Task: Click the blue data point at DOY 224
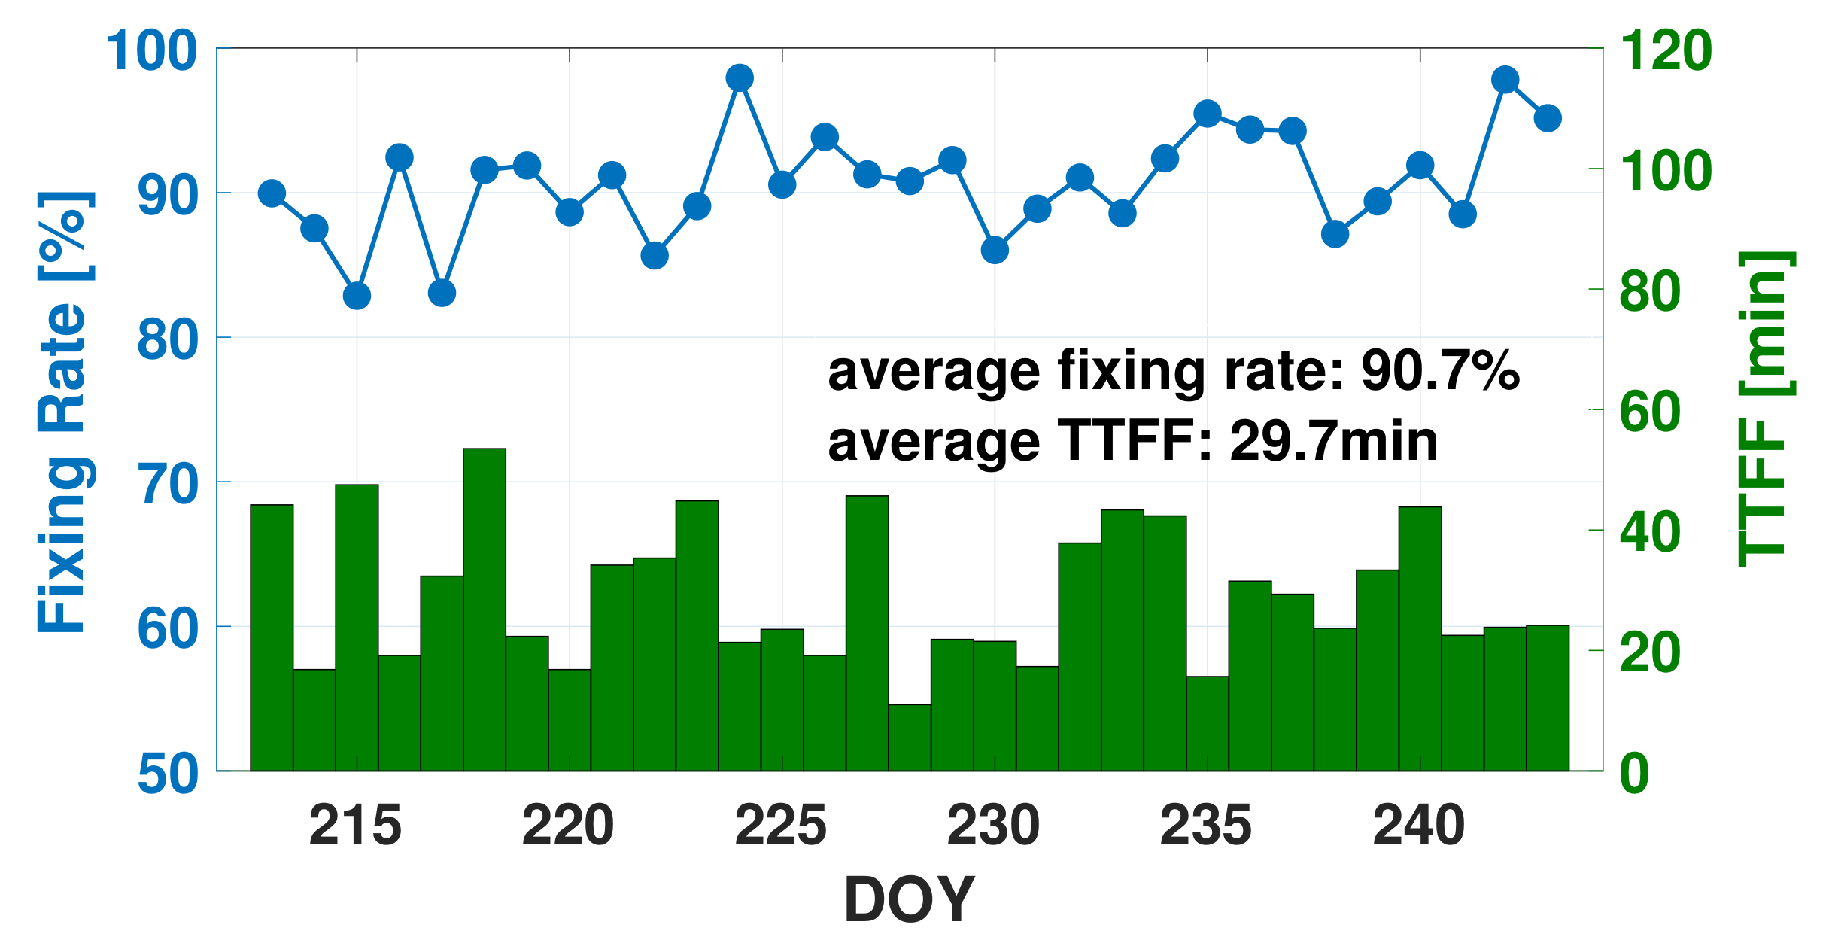740,78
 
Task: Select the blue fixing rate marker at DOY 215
357,296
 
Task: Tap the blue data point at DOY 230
995,250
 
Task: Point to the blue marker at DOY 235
1208,114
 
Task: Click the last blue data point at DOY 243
1548,118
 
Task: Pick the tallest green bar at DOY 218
485,610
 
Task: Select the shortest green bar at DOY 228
910,738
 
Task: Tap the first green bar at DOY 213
272,637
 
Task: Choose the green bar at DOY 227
867,633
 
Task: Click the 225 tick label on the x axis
781,826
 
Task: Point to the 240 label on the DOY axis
1419,826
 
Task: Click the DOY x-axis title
910,900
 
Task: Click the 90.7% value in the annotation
1440,371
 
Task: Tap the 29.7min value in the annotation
1333,442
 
